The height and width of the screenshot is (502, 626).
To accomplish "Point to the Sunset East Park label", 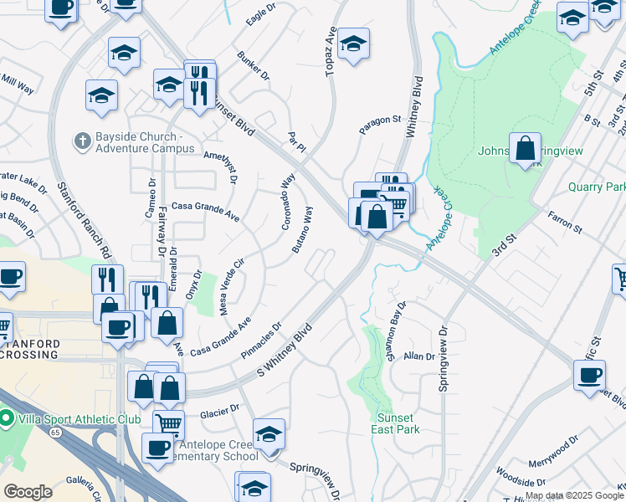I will coord(395,423).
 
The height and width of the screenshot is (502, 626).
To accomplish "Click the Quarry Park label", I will coord(596,187).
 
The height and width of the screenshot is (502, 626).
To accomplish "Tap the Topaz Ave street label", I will coord(331,54).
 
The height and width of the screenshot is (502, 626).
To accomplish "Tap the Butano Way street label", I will coord(303,231).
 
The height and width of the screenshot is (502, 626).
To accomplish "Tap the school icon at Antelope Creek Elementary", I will coord(269,434).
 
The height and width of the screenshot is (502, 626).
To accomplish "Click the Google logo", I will coord(28,492).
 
